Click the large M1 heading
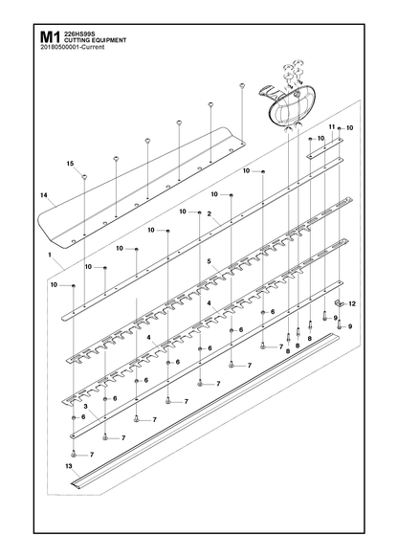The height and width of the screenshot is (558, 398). click(50, 38)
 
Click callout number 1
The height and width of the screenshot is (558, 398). click(50, 255)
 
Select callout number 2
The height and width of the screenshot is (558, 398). click(210, 213)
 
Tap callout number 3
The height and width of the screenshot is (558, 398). click(86, 406)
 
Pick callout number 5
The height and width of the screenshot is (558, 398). click(210, 261)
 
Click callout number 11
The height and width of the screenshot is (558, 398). click(331, 126)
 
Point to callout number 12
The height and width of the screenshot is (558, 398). click(352, 304)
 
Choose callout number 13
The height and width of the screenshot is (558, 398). click(69, 466)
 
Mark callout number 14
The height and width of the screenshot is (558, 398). click(44, 195)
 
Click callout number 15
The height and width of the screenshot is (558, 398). click(70, 164)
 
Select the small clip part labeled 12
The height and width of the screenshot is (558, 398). click(341, 303)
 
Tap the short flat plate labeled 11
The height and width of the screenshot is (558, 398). click(325, 147)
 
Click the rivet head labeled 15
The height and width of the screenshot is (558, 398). click(84, 176)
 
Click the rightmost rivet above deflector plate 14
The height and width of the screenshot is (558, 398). click(242, 85)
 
